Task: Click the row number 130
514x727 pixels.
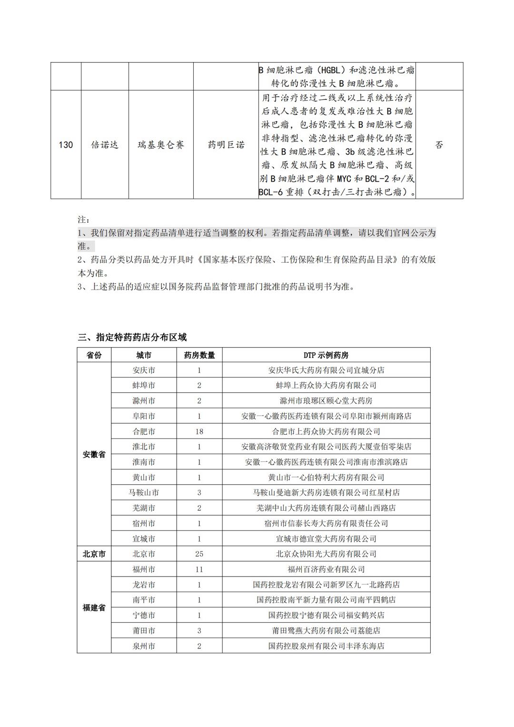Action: tap(66, 145)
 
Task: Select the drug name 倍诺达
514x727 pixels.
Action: tap(105, 145)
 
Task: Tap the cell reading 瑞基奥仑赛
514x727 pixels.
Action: tap(161, 145)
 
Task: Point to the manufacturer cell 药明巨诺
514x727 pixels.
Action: tap(226, 145)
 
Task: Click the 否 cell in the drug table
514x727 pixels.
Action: tap(439, 145)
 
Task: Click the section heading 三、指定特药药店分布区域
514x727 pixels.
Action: tap(132, 338)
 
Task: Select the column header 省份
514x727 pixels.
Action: tap(94, 355)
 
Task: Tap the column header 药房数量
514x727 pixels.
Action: tap(199, 355)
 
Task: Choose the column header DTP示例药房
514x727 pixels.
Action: tap(326, 355)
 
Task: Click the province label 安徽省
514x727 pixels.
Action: tap(94, 455)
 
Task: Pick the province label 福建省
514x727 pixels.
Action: tap(94, 608)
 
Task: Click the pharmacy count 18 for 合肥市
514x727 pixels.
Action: tap(199, 432)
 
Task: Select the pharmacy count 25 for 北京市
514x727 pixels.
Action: tap(199, 554)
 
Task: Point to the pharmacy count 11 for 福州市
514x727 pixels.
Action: tap(199, 569)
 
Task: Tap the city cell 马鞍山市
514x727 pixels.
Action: tap(144, 493)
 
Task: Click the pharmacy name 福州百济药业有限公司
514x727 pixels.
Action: tap(326, 569)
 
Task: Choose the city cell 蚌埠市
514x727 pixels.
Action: tap(144, 385)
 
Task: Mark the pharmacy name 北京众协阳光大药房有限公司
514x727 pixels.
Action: tap(326, 554)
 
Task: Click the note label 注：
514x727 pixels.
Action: tap(83, 220)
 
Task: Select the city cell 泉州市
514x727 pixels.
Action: tap(144, 646)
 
